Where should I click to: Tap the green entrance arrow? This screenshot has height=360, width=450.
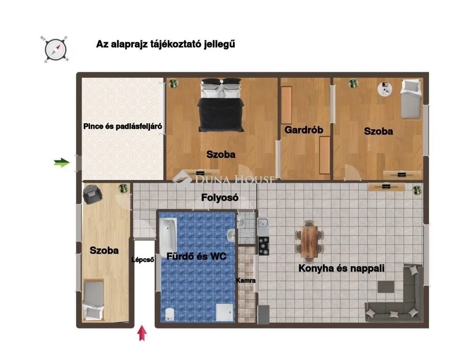click(61, 163)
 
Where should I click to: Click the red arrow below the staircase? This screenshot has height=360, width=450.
click(142, 335)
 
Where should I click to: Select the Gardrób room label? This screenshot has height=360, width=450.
click(304, 130)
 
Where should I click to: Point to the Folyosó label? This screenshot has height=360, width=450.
click(220, 198)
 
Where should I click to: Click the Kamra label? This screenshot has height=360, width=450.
click(246, 281)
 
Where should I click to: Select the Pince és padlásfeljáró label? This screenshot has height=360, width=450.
click(123, 126)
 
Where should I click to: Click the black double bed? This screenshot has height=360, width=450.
click(221, 105)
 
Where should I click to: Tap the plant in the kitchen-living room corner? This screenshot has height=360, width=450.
click(416, 189)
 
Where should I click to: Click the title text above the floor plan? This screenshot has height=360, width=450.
click(165, 45)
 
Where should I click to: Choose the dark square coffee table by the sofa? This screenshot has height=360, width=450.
click(386, 286)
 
